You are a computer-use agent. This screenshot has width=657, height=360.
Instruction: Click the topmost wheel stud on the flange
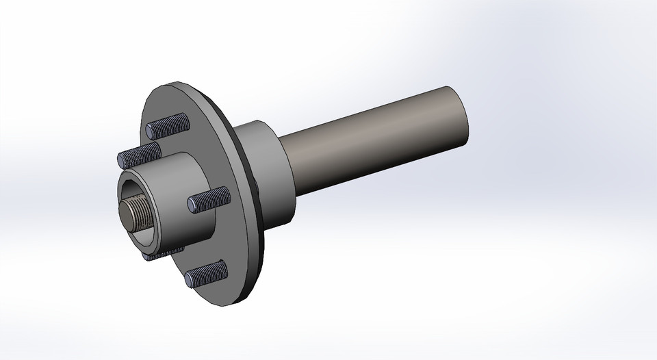click(x=168, y=126)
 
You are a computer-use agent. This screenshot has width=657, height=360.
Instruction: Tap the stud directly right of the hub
click(x=207, y=199)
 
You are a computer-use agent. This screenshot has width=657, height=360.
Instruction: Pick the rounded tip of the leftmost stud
click(x=121, y=159)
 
